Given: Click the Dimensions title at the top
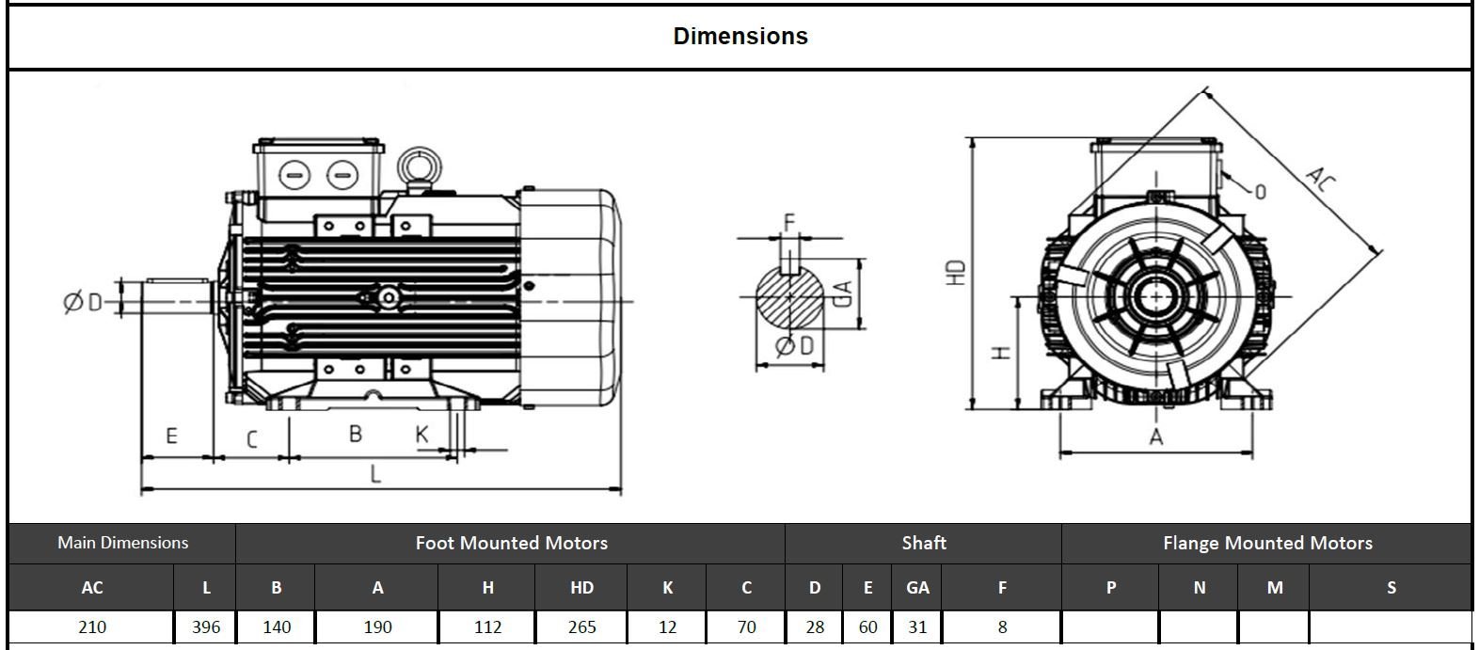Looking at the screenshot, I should click(740, 37).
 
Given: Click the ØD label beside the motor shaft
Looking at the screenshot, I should click(82, 302).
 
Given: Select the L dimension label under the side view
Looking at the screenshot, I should click(375, 473).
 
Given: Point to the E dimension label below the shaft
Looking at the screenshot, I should click(171, 436).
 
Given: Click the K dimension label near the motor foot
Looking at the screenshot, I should click(422, 434).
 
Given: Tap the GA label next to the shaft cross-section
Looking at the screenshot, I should click(844, 293).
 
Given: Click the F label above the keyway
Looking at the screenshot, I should click(789, 222).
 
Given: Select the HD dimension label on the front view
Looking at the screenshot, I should click(957, 273).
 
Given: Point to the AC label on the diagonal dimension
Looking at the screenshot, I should click(1321, 179).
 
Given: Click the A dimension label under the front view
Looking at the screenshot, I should click(1156, 437).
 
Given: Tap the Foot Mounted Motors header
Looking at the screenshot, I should click(511, 543).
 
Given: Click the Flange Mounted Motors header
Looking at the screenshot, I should click(1267, 543).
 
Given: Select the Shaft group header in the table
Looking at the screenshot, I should click(923, 543).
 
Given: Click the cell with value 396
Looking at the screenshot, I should click(206, 627).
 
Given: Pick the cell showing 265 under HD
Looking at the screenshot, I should click(581, 627).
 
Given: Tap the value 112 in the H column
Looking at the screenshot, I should click(487, 627).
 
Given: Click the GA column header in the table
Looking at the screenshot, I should click(917, 588).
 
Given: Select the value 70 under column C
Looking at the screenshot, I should click(746, 627).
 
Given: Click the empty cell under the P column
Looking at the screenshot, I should click(1110, 627).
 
